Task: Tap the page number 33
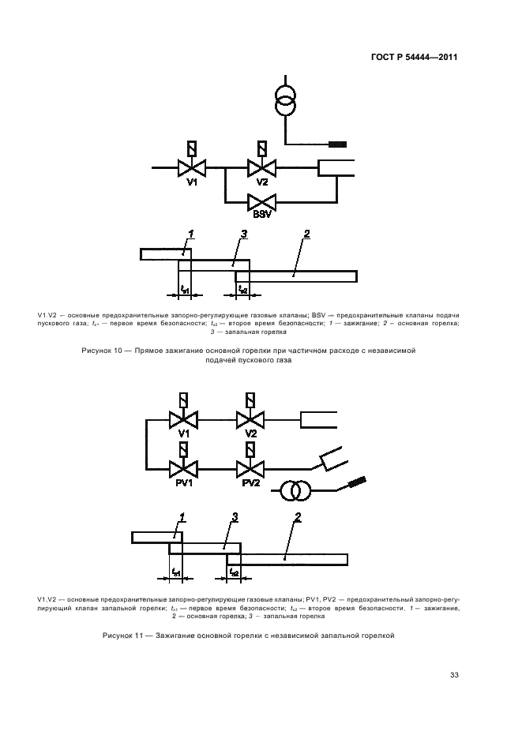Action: (x=454, y=674)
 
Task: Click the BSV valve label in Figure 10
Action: (x=261, y=214)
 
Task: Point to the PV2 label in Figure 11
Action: (x=251, y=482)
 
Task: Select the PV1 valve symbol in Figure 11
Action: (x=183, y=469)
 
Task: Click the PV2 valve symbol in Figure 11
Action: (x=250, y=469)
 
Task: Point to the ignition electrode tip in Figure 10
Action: (x=338, y=144)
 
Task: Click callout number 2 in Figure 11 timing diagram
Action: (x=298, y=517)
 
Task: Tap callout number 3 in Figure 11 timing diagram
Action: (x=235, y=517)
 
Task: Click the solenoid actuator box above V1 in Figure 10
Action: (x=191, y=149)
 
